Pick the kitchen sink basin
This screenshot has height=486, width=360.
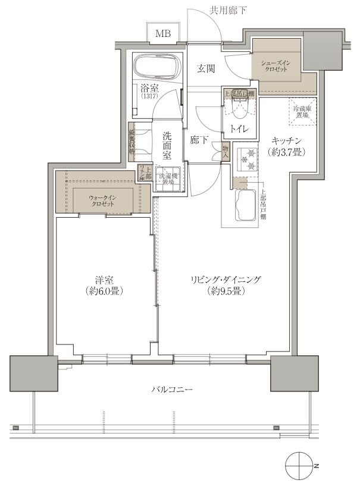245,206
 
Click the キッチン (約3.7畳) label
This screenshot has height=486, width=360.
288,146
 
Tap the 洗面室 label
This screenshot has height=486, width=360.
167,146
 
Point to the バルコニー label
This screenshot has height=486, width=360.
164,390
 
